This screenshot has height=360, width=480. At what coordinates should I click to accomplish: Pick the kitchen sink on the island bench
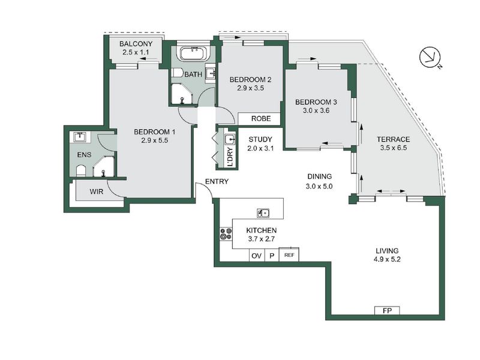click(x=263, y=213)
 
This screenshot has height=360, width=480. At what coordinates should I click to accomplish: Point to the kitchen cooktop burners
click(x=226, y=234)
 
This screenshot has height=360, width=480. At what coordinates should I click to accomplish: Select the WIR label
click(x=97, y=192)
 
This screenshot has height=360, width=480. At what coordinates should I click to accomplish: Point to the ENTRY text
click(x=216, y=182)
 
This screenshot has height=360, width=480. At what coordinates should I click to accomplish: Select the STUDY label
click(x=260, y=139)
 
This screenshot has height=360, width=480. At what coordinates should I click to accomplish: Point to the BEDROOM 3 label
click(x=316, y=103)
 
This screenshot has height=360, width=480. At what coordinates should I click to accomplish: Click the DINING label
click(x=319, y=176)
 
